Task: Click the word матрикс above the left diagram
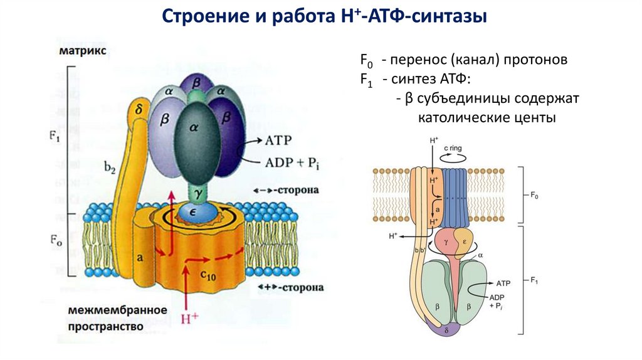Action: pyautogui.click(x=83, y=50)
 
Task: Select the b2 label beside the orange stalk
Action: pyautogui.click(x=110, y=166)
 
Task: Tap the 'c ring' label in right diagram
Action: pyautogui.click(x=455, y=149)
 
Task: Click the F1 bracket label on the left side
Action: pyautogui.click(x=53, y=137)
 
